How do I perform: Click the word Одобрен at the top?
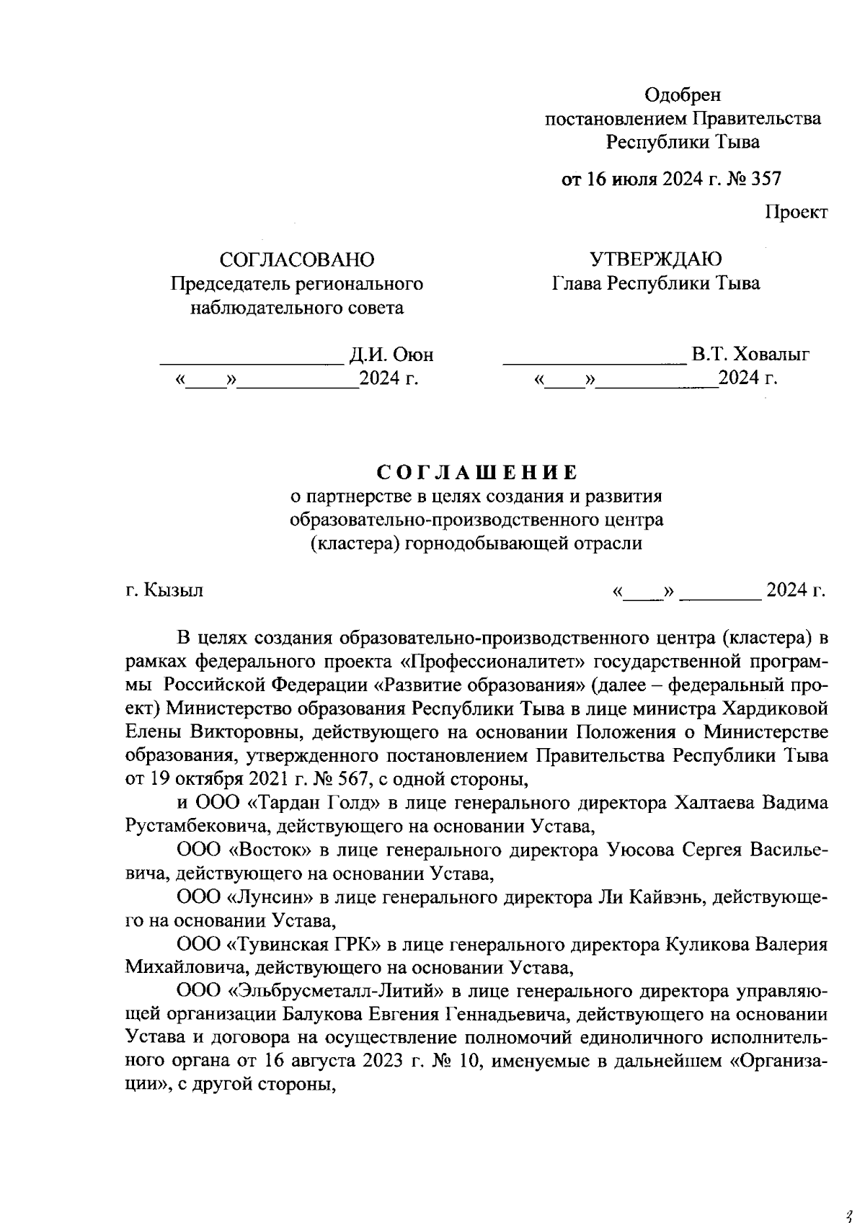coord(681,94)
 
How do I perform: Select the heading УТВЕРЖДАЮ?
coord(655,259)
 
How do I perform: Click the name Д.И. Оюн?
coord(391,355)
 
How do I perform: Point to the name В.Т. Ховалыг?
coord(750,355)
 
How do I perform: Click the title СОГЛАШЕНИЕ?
coord(476,473)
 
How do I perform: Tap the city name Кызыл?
coord(174,590)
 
